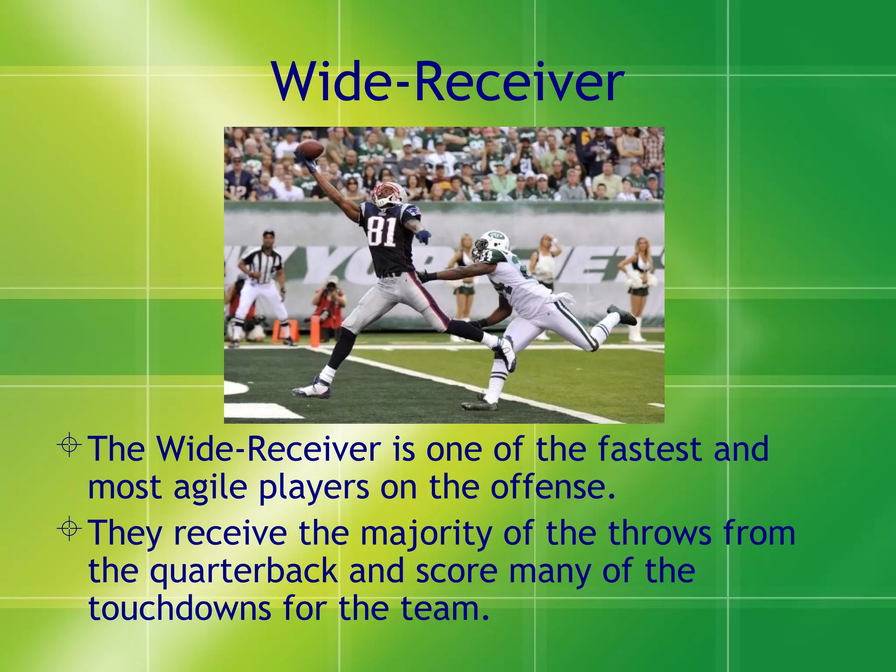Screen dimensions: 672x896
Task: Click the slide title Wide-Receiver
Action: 448,82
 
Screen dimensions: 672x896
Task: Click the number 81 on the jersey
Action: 381,231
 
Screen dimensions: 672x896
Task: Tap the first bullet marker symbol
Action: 69,445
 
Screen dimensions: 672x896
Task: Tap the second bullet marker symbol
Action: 69,529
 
